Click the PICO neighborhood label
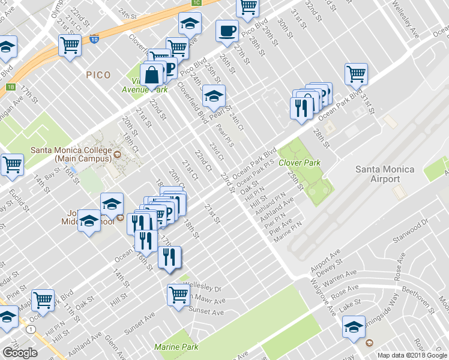98,75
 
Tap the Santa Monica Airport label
385,174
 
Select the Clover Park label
300,163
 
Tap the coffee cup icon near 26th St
227,31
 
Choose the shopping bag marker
152,76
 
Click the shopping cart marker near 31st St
356,74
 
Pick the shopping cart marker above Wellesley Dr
179,295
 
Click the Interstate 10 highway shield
94,39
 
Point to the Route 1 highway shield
29,329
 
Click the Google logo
20,353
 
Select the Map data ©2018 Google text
412,355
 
